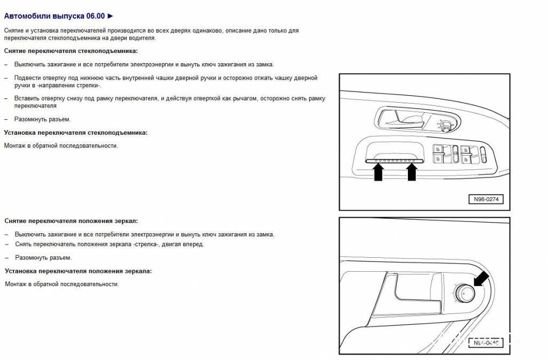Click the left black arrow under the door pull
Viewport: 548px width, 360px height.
(378, 172)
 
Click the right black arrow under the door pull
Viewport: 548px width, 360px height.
(412, 172)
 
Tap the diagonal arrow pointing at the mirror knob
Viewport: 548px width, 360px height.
(481, 278)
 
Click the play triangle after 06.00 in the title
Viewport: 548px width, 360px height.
(110, 16)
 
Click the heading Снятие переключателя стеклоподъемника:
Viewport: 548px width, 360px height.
(71, 51)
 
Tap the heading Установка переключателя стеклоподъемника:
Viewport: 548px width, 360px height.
(75, 132)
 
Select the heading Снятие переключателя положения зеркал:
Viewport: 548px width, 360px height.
(71, 220)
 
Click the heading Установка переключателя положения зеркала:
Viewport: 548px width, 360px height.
(78, 271)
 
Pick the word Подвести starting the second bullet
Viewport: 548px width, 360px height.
(28, 78)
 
